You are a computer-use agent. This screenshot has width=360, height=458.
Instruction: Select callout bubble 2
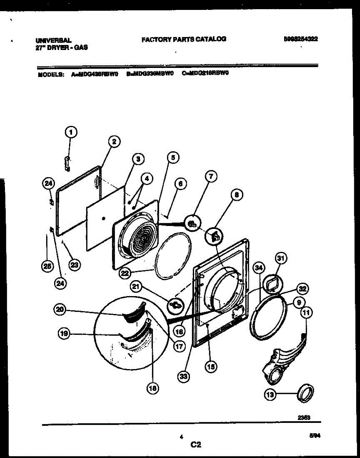pyautogui.click(x=114, y=142)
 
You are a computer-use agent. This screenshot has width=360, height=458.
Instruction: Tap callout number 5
pyautogui.click(x=173, y=157)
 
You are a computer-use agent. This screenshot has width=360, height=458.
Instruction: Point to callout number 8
pyautogui.click(x=237, y=195)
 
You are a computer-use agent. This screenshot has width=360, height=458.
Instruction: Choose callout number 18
pyautogui.click(x=152, y=388)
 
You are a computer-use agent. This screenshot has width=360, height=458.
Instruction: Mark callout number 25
pyautogui.click(x=48, y=267)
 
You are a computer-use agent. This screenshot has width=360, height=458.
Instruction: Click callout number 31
pyautogui.click(x=280, y=259)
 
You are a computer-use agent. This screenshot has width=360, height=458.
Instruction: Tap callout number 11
pyautogui.click(x=306, y=313)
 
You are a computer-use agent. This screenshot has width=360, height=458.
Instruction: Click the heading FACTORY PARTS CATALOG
pyautogui.click(x=184, y=39)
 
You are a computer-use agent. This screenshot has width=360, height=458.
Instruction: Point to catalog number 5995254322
pyautogui.click(x=301, y=39)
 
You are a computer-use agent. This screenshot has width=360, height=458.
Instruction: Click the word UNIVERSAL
pyautogui.click(x=53, y=40)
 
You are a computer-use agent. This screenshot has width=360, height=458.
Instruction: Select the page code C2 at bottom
pyautogui.click(x=196, y=444)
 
